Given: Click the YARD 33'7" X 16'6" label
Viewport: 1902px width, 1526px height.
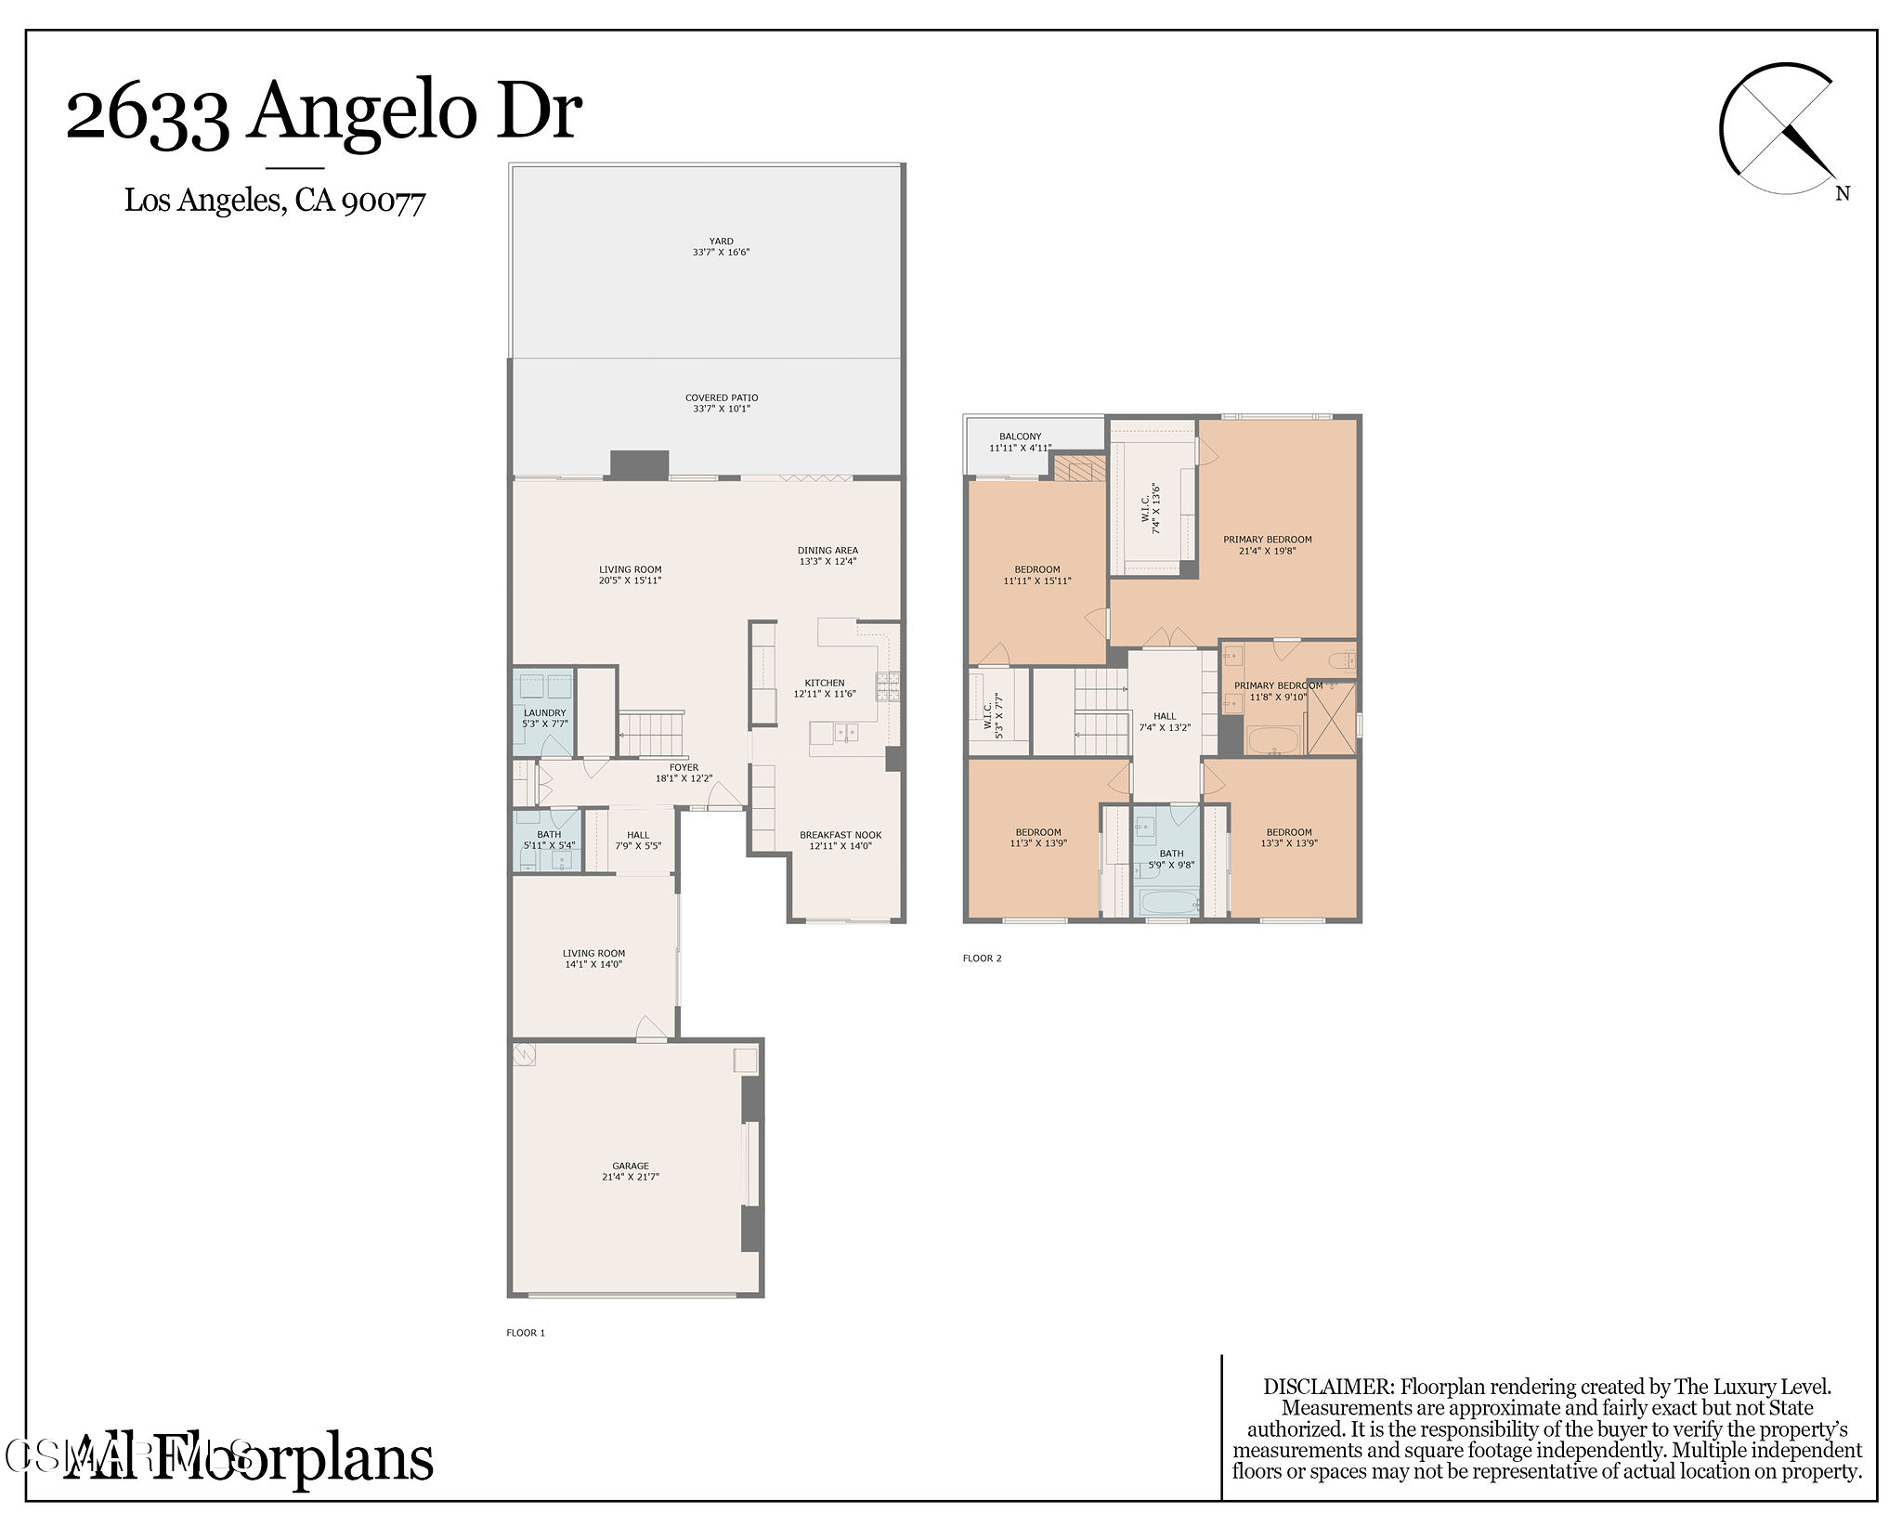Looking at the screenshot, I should tap(721, 246).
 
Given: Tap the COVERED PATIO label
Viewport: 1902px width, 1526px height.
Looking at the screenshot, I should tap(722, 403).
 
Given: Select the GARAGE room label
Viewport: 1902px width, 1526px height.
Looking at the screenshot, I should tap(630, 1171).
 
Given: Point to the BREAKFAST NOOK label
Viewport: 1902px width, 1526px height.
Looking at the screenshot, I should tap(840, 841).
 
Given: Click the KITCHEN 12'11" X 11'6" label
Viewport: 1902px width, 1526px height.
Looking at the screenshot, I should tap(825, 688).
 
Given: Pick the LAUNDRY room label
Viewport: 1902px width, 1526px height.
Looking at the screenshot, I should tap(544, 718).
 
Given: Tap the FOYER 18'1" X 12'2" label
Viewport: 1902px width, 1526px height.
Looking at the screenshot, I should tap(684, 773).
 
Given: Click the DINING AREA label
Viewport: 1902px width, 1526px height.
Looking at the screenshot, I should tap(827, 555).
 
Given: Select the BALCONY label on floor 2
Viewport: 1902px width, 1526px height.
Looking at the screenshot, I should tap(1020, 441).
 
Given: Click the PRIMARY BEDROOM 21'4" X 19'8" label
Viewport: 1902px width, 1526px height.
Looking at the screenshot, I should tap(1267, 544).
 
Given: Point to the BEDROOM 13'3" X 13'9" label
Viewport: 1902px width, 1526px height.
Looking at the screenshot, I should tap(1289, 838).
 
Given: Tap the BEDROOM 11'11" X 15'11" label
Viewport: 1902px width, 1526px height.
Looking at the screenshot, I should tap(1036, 575).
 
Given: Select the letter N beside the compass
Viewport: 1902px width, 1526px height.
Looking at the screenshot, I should tap(1843, 194).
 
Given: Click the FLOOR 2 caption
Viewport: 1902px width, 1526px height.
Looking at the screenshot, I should tap(982, 959).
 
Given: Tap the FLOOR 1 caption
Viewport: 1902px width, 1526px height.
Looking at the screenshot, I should tap(526, 1333).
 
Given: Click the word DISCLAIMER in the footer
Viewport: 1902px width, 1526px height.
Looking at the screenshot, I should tap(1328, 1387).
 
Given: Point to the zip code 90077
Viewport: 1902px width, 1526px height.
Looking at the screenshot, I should tap(384, 201).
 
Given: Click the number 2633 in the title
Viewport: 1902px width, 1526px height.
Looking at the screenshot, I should tap(148, 113).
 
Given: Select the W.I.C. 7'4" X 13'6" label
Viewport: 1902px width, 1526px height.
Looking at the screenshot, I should tap(1151, 508).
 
